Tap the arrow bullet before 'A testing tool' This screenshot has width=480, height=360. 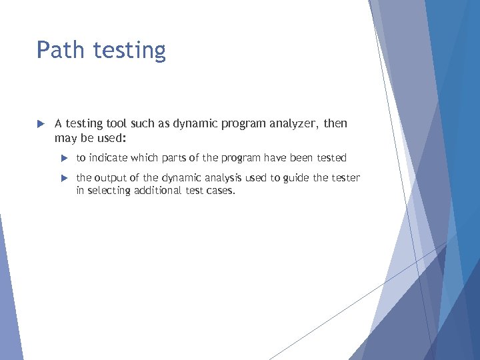[x=40, y=124]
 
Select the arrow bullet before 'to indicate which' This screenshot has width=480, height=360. [x=64, y=158]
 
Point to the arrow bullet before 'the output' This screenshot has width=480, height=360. [x=64, y=178]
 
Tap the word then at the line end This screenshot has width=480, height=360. [x=335, y=124]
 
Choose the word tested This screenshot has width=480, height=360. [x=331, y=158]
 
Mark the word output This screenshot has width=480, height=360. [x=111, y=178]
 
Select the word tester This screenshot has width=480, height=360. [x=346, y=178]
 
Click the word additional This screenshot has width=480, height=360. [x=159, y=191]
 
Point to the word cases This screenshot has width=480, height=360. [x=221, y=191]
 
